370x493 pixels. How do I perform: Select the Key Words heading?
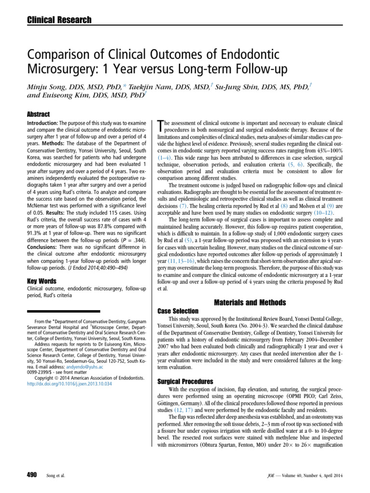(x=40, y=281)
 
